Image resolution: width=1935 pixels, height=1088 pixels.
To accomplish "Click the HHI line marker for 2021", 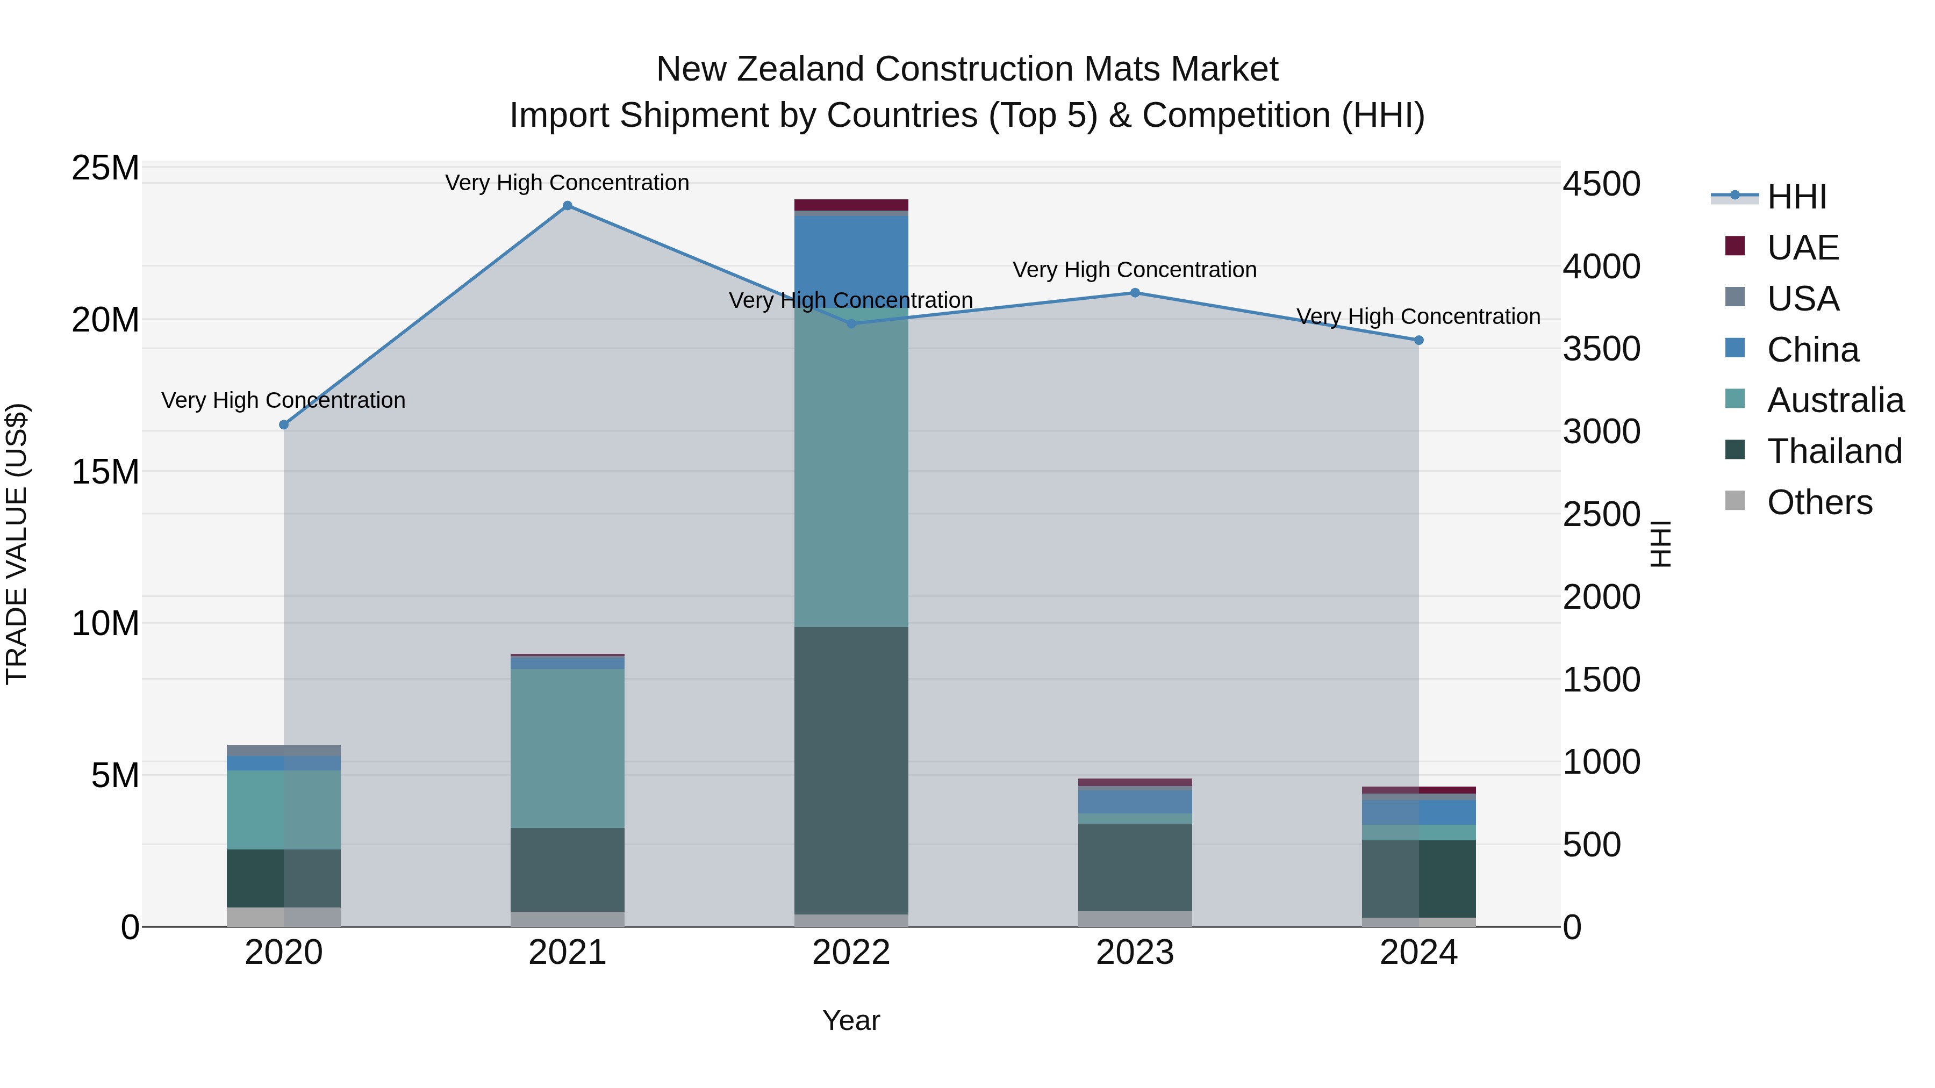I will pyautogui.click(x=567, y=206).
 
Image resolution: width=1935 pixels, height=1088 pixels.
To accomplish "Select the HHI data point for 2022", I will pyautogui.click(x=851, y=323).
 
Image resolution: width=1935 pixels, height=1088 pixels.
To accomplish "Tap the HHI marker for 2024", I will pyautogui.click(x=1418, y=340).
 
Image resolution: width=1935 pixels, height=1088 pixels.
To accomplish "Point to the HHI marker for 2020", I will pyautogui.click(x=284, y=425).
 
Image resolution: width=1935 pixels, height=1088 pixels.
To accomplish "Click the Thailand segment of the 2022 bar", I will pyautogui.click(x=851, y=769).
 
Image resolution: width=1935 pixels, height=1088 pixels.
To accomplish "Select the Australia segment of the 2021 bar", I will pyautogui.click(x=567, y=748).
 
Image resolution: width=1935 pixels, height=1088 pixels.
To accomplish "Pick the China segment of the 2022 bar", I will pyautogui.click(x=851, y=259).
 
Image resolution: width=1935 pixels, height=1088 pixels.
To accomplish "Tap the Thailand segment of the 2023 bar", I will pyautogui.click(x=1134, y=867).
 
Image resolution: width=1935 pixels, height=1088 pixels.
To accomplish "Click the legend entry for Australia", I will pyautogui.click(x=1835, y=400).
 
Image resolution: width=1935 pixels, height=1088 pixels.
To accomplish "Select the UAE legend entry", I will pyautogui.click(x=1802, y=248).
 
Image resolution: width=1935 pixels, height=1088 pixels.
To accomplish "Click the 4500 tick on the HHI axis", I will pyautogui.click(x=1602, y=184).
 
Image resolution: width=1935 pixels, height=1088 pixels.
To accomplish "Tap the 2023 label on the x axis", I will pyautogui.click(x=1134, y=953).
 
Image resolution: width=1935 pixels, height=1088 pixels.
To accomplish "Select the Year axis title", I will pyautogui.click(x=851, y=1020).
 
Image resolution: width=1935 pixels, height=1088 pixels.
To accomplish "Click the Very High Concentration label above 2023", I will pyautogui.click(x=1134, y=270).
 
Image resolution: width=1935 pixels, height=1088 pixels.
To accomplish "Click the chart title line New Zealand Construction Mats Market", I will pyautogui.click(x=967, y=69).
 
